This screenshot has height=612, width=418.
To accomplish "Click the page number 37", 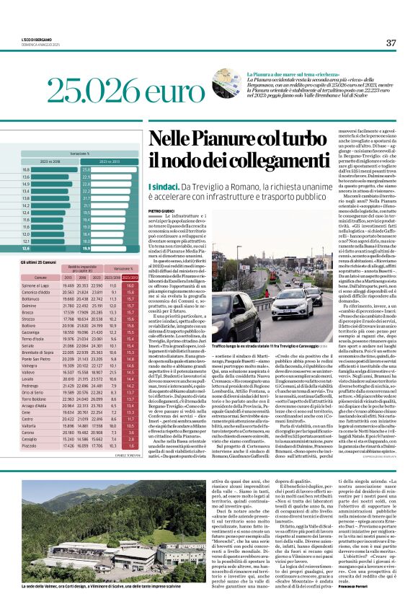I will point(391,43).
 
